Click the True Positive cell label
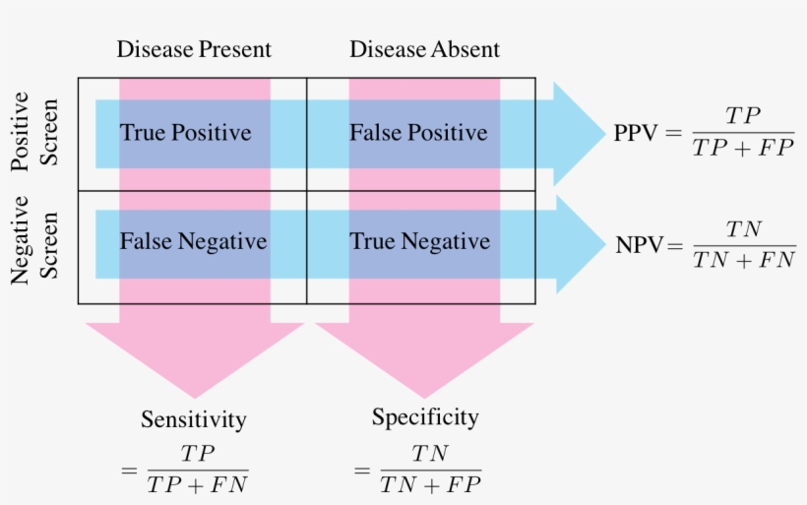click(x=186, y=133)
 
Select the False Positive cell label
click(x=418, y=133)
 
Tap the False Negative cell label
click(x=193, y=241)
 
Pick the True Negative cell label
click(x=419, y=241)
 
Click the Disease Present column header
click(x=193, y=49)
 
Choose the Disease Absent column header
click(x=424, y=49)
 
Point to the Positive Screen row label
click(x=34, y=132)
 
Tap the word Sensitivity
click(x=193, y=419)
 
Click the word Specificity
click(x=425, y=417)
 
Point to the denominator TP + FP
click(x=743, y=149)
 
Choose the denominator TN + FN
click(x=744, y=261)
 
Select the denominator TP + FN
click(x=197, y=484)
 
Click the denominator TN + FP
click(x=431, y=484)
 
